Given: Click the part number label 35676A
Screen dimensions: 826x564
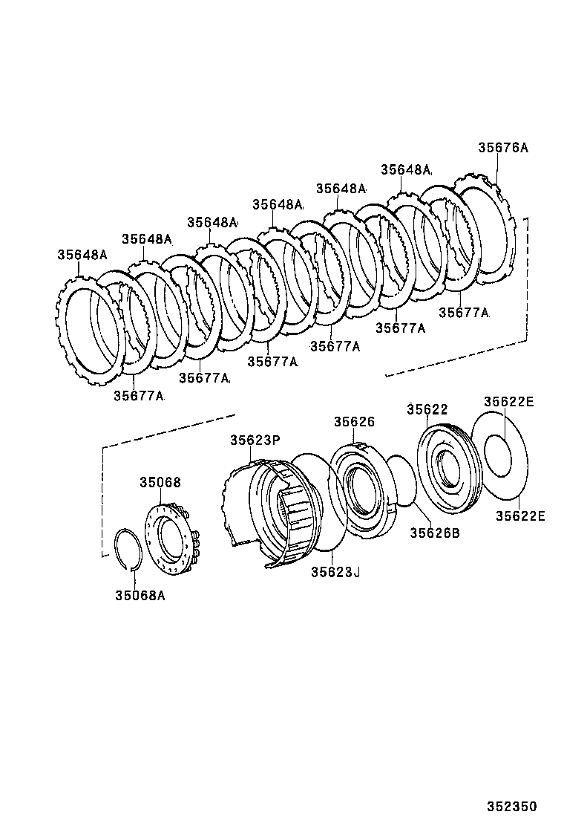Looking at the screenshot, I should pos(502,148).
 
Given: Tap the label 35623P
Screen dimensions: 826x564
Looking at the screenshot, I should pos(255,440).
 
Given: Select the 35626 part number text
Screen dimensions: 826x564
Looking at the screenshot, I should pos(354,422).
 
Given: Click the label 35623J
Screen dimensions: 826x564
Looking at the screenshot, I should pos(335,572).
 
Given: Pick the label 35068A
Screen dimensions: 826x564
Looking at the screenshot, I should pos(140,594).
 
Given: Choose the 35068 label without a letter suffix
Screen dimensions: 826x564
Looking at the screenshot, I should pos(160,483).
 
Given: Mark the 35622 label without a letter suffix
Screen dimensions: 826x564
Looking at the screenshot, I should pos(427,409).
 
